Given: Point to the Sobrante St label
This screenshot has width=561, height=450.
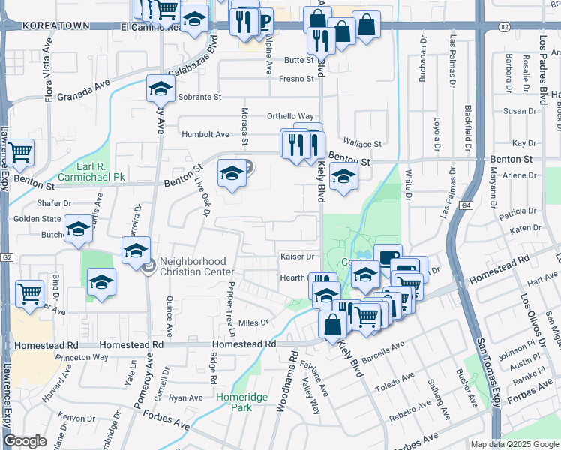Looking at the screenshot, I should tap(200, 97).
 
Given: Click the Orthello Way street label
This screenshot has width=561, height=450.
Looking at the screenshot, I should tap(290, 116).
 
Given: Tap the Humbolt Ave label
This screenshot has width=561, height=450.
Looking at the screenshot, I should tap(205, 134).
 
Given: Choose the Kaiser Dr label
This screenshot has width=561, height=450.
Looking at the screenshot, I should tap(296, 256).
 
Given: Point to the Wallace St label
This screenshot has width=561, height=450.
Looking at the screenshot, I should tap(362, 143).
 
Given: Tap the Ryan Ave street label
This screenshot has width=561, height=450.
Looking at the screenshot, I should tap(186, 397).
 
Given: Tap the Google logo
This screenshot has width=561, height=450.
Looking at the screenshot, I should tap(25, 441).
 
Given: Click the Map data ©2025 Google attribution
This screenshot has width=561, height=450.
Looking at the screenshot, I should tap(514, 444).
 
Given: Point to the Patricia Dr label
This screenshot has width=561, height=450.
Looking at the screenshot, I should tap(523, 212).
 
